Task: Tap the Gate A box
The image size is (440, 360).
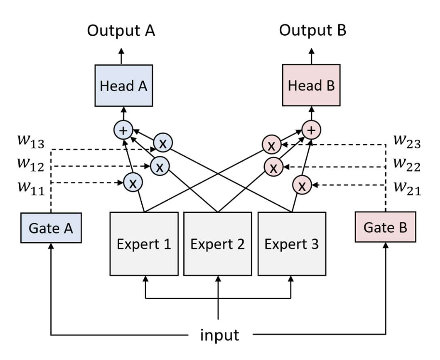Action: coord(50,228)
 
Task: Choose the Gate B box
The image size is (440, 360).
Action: coord(385,228)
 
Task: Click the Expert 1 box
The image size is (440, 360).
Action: coord(144,243)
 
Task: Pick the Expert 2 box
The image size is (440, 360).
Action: coord(218,243)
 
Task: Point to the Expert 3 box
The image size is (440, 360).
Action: coord(291,243)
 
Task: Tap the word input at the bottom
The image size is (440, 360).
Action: coord(220,334)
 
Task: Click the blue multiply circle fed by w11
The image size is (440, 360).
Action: coord(132,183)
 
